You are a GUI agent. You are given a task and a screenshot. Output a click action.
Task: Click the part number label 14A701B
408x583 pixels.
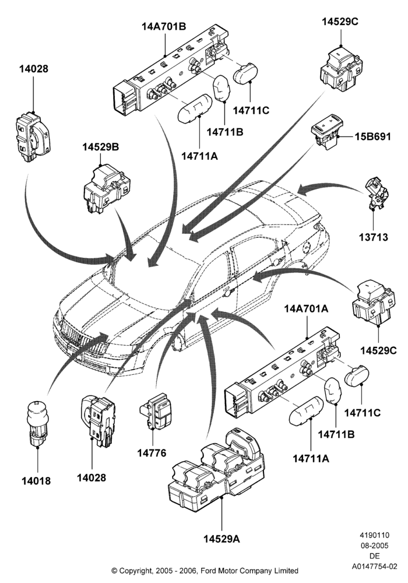tap(164, 27)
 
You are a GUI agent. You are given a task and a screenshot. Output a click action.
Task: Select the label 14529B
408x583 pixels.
tap(100, 147)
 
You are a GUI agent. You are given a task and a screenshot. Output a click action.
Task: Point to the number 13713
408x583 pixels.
tap(373, 237)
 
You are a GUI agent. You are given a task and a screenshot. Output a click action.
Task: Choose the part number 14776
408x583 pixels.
tap(152, 453)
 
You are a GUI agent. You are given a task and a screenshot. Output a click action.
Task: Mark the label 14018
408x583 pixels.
tap(36, 480)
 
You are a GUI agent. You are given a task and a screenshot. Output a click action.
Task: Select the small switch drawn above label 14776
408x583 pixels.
tap(156, 410)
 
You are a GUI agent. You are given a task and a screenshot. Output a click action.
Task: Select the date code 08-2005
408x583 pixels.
tap(375, 546)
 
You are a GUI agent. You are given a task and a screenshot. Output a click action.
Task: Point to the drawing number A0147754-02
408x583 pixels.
tap(375, 567)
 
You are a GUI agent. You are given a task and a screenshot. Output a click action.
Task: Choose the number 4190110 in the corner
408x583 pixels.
tap(375, 535)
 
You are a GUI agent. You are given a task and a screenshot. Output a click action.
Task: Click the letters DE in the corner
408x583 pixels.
tap(375, 556)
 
